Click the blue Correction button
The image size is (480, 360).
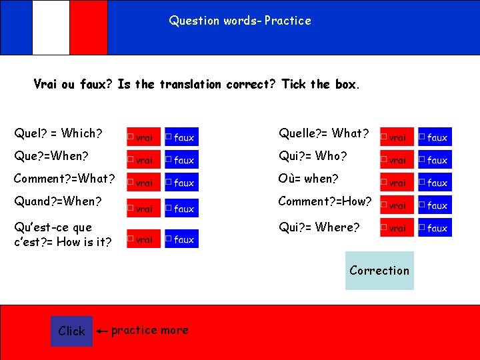[379, 270]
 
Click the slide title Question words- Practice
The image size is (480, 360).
[240, 21]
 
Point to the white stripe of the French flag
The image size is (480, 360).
[51, 27]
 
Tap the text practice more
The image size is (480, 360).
[149, 330]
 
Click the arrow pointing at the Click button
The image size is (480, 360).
[102, 331]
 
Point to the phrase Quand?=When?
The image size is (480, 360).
[58, 201]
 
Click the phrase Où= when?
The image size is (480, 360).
[308, 179]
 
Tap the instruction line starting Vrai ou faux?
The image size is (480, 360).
[197, 85]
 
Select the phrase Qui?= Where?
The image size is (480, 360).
[319, 227]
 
